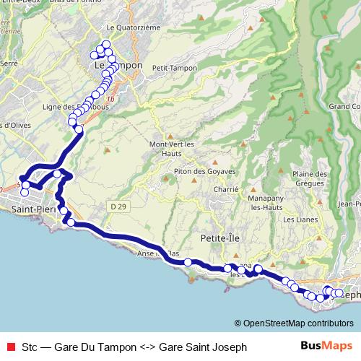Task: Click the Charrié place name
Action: tap(226, 189)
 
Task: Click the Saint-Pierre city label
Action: tap(30, 208)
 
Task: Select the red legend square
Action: tap(9, 347)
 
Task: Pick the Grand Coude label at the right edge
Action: tap(344, 107)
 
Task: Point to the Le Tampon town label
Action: tap(119, 66)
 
